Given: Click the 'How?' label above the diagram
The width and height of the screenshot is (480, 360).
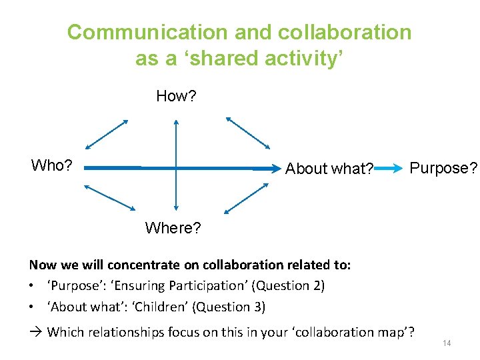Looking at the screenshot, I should tap(176, 96).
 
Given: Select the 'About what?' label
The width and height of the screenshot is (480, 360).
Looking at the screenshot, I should tap(329, 169).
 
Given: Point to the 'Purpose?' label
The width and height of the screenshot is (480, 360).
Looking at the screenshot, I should tap(443, 168).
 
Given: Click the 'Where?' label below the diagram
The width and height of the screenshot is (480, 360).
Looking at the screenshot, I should tap(173, 228).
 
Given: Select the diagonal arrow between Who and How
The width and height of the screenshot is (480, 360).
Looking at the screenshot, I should tap(107, 134).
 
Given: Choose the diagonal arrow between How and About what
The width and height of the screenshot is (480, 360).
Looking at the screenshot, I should tap(248, 133).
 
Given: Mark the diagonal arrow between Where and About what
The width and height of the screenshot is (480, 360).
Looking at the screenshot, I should tap(246, 198).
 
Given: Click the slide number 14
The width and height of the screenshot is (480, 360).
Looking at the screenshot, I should tap(447, 343).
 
